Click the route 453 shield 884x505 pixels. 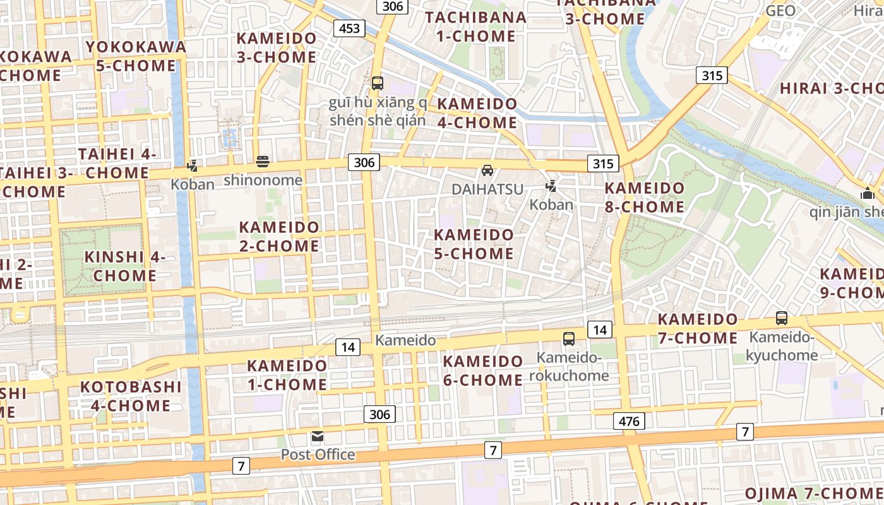349,28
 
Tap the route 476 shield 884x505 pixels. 629,421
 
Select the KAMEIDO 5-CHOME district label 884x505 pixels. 474,244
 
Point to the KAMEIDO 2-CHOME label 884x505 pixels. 279,236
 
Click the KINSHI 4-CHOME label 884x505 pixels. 125,266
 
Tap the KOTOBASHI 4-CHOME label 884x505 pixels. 131,396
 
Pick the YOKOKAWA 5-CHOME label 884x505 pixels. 136,56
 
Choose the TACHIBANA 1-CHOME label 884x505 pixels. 475,27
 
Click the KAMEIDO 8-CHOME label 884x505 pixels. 644,197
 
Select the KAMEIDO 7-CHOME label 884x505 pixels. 698,328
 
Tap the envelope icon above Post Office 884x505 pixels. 318,436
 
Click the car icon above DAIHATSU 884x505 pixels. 487,170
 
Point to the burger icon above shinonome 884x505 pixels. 263,162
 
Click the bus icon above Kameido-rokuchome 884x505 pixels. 569,339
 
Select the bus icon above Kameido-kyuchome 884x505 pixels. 782,318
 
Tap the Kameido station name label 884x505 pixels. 405,340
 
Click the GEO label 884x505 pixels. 780,11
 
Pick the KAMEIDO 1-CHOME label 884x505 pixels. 287,374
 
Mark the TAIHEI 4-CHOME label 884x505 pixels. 117,163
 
